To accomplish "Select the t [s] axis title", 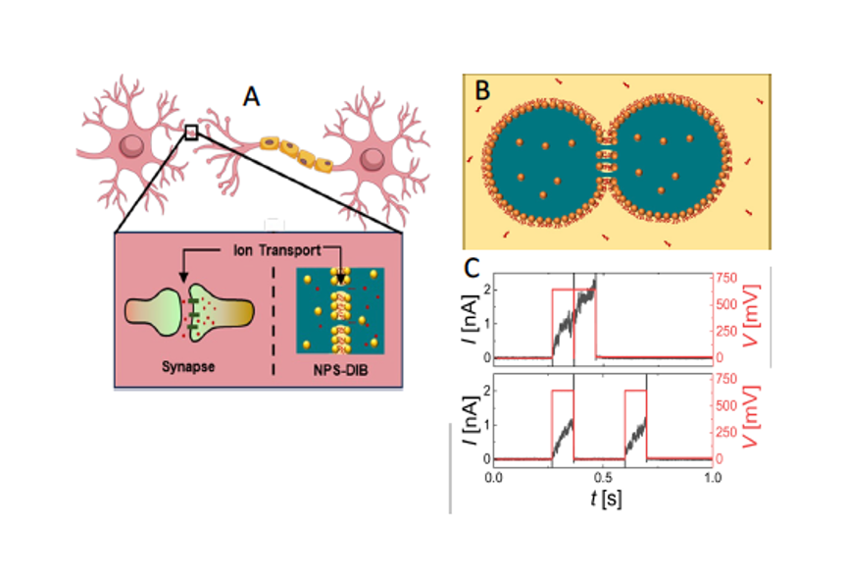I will (x=605, y=498).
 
